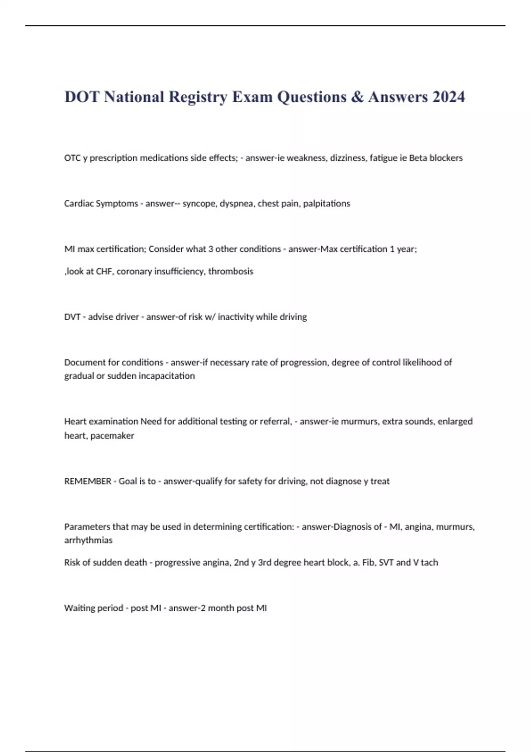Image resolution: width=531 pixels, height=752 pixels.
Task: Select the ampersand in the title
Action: coord(357,97)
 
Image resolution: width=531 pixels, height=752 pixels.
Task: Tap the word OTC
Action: coord(72,158)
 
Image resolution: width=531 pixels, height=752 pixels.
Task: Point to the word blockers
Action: coord(446,158)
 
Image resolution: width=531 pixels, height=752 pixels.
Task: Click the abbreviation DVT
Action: coord(73,317)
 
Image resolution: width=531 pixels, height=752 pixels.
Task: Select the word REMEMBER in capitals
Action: coord(88,481)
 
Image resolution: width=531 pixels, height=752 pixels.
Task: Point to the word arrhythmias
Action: coord(88,540)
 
